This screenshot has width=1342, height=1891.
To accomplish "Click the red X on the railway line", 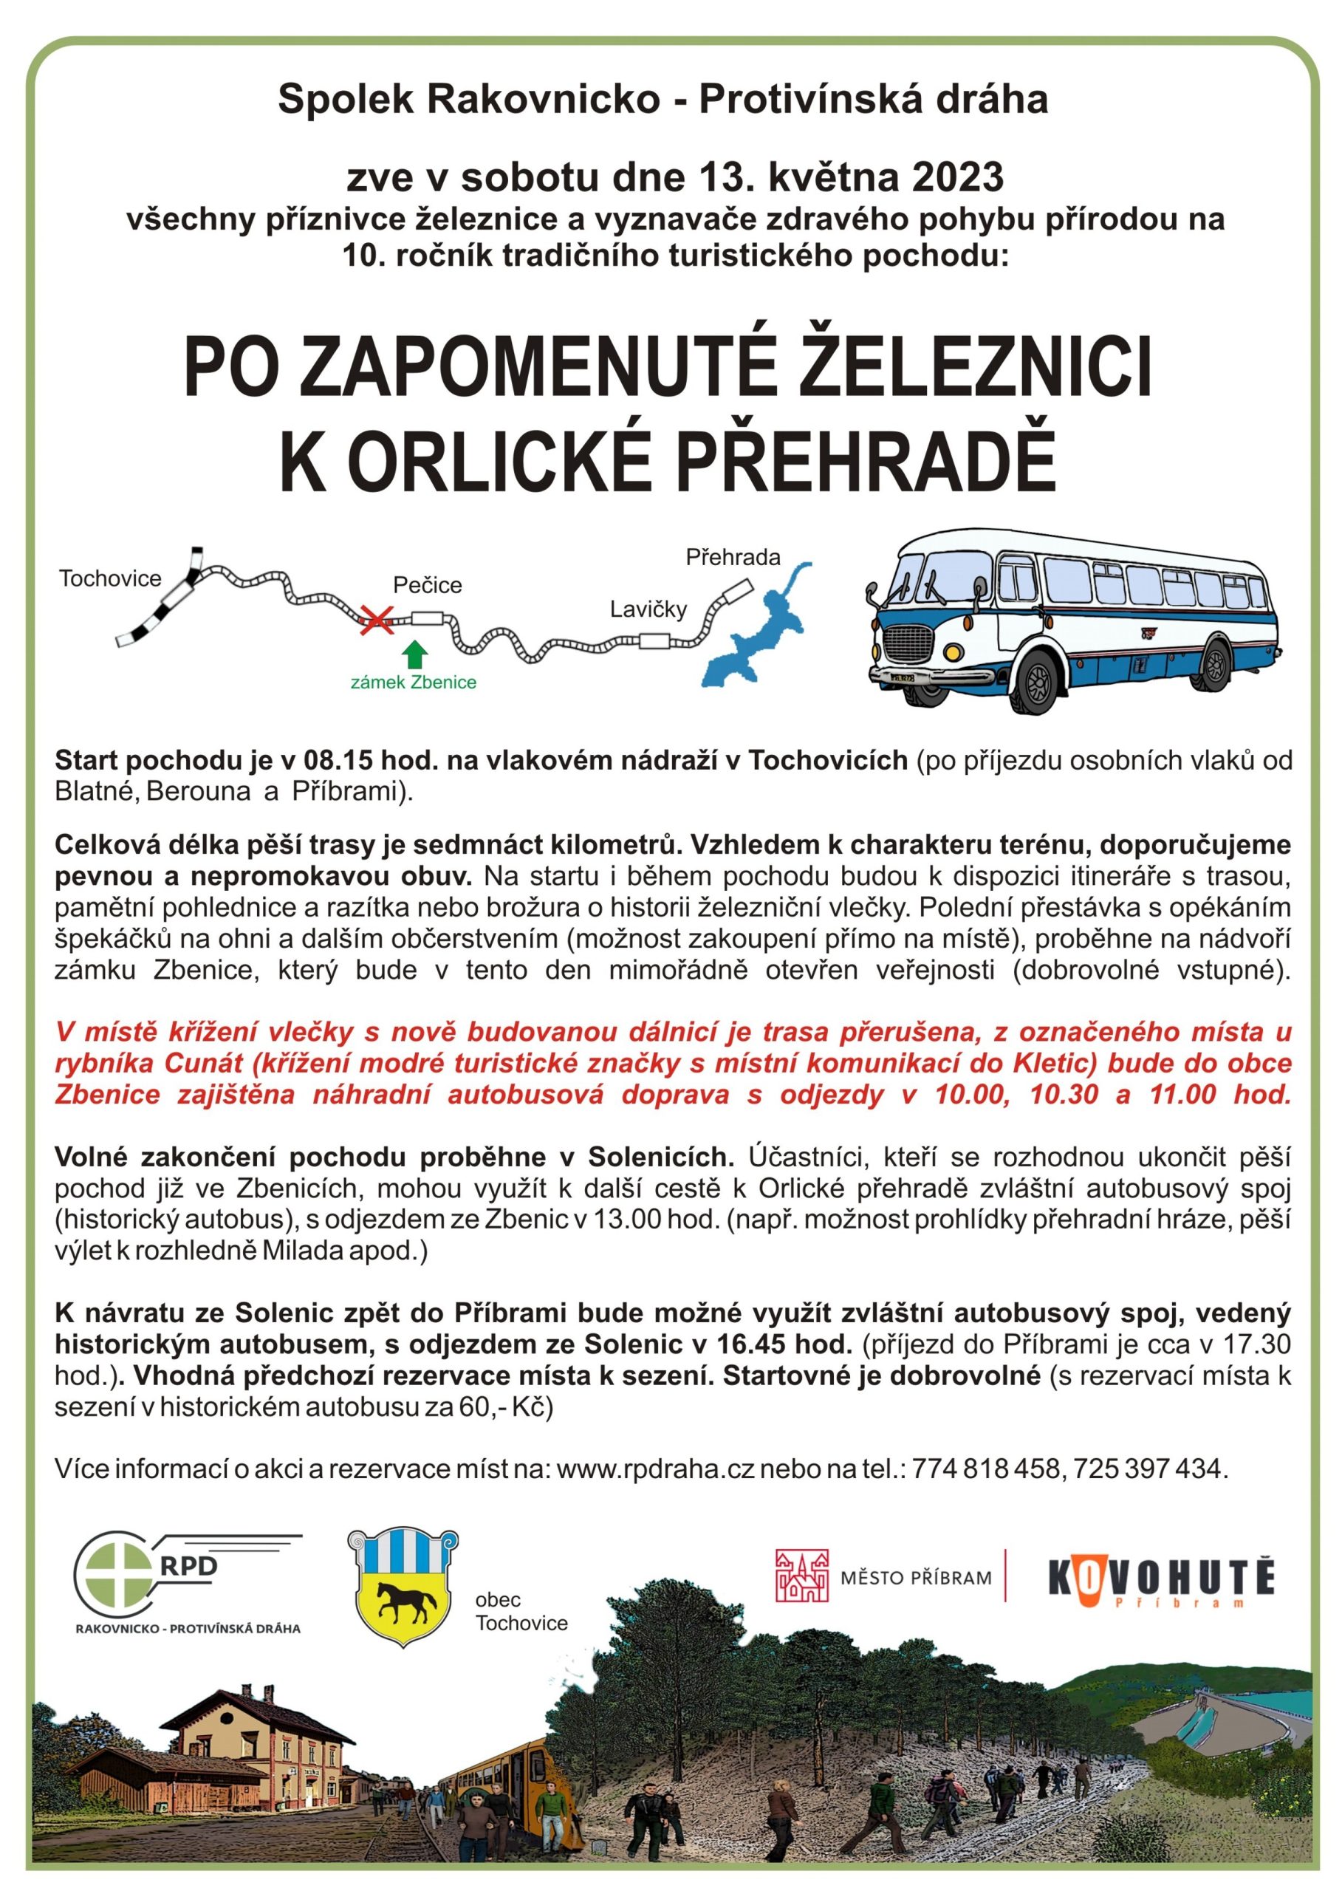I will point(377,618).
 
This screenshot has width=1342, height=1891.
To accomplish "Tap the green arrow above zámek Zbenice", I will point(414,654).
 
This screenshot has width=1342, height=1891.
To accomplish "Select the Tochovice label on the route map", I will point(110,578).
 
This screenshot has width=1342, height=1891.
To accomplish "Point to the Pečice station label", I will point(427,585).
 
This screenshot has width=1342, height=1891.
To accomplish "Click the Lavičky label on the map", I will point(648,609).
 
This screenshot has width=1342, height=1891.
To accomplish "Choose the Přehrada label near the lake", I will point(733,557).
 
